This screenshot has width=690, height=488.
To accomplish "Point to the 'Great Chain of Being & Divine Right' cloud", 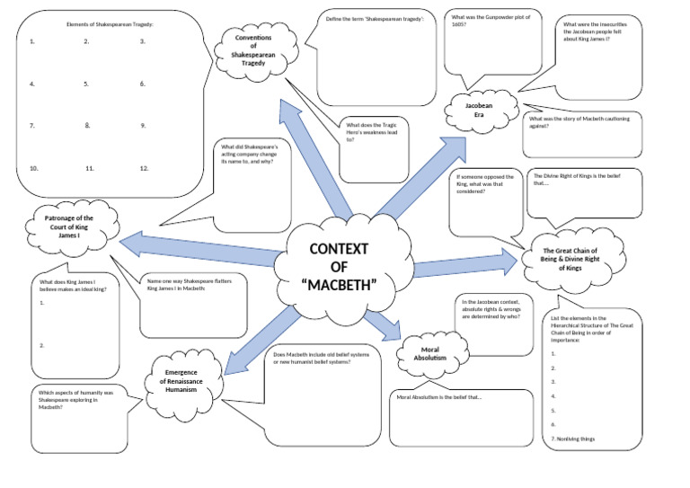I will tap(572, 259).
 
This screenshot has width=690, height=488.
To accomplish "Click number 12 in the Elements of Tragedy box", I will tap(144, 168).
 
